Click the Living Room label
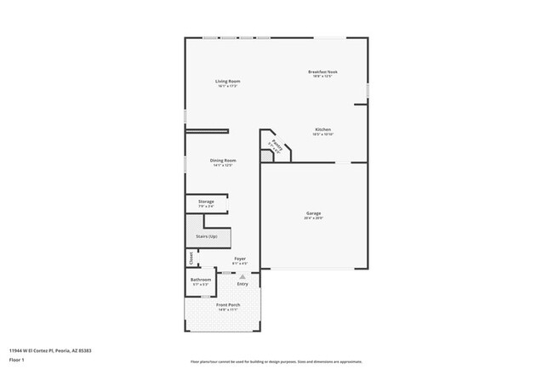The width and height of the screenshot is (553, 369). point(227,81)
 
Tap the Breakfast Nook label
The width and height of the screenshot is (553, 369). point(323,72)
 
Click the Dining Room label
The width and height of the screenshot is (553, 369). point(223,160)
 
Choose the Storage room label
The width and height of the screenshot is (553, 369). point(206,202)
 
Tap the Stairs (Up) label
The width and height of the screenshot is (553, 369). point(207,236)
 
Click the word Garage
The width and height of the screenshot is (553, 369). point(314,213)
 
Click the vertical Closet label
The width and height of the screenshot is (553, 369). point(191,257)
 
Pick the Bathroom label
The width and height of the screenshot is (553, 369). point(201,279)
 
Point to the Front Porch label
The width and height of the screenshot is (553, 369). point(226,305)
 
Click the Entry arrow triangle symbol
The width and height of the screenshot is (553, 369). point(242,276)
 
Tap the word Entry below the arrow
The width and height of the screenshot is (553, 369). point(242,283)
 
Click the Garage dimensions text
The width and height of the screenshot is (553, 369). point(314,219)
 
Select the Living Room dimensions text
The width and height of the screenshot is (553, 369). point(227,86)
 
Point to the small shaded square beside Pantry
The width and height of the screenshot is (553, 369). point(266,156)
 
